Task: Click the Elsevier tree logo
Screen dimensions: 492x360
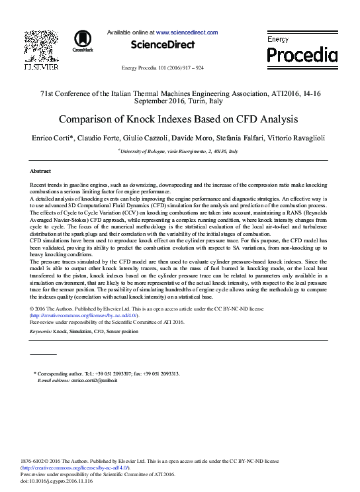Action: [40, 44]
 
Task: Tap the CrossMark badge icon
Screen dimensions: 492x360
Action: [83, 40]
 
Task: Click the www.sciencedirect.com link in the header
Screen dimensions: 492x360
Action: [187, 32]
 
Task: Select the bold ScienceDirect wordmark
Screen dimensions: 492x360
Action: [163, 45]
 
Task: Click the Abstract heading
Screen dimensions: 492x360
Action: [40, 171]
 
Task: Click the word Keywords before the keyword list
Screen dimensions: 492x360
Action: [41, 330]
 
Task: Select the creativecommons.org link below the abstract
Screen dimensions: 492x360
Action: [84, 315]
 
